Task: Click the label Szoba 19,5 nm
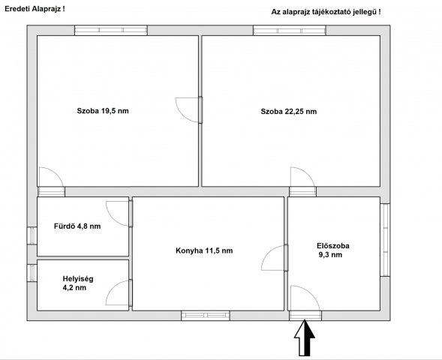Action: (x=103, y=111)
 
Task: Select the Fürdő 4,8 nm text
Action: (x=77, y=226)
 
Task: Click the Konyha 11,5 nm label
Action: (x=203, y=250)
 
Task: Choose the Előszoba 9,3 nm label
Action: (x=332, y=250)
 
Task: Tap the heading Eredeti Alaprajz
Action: (x=35, y=8)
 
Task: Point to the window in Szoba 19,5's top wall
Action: (x=111, y=31)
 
